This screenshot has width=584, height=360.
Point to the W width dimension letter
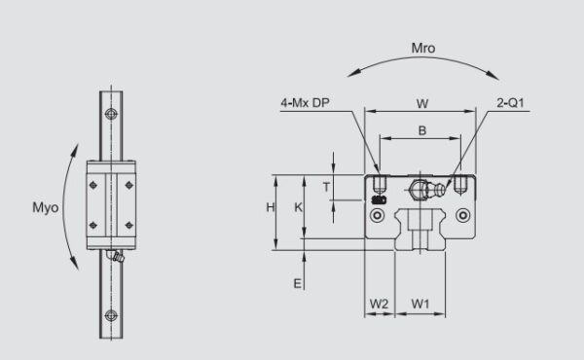(x=420, y=101)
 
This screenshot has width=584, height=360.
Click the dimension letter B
(x=420, y=128)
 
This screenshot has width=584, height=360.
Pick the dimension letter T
(x=327, y=186)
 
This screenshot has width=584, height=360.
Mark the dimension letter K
(x=299, y=207)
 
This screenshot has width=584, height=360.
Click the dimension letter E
(x=299, y=282)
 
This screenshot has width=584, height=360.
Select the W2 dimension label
(x=380, y=304)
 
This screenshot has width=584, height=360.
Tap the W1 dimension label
(x=420, y=304)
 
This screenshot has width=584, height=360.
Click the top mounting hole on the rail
(x=113, y=115)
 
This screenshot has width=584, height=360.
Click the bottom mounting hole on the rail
(x=113, y=313)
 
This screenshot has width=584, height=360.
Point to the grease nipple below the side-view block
(x=117, y=258)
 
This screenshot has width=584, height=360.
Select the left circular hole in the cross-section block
(x=378, y=214)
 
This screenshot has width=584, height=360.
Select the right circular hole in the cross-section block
(x=463, y=214)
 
